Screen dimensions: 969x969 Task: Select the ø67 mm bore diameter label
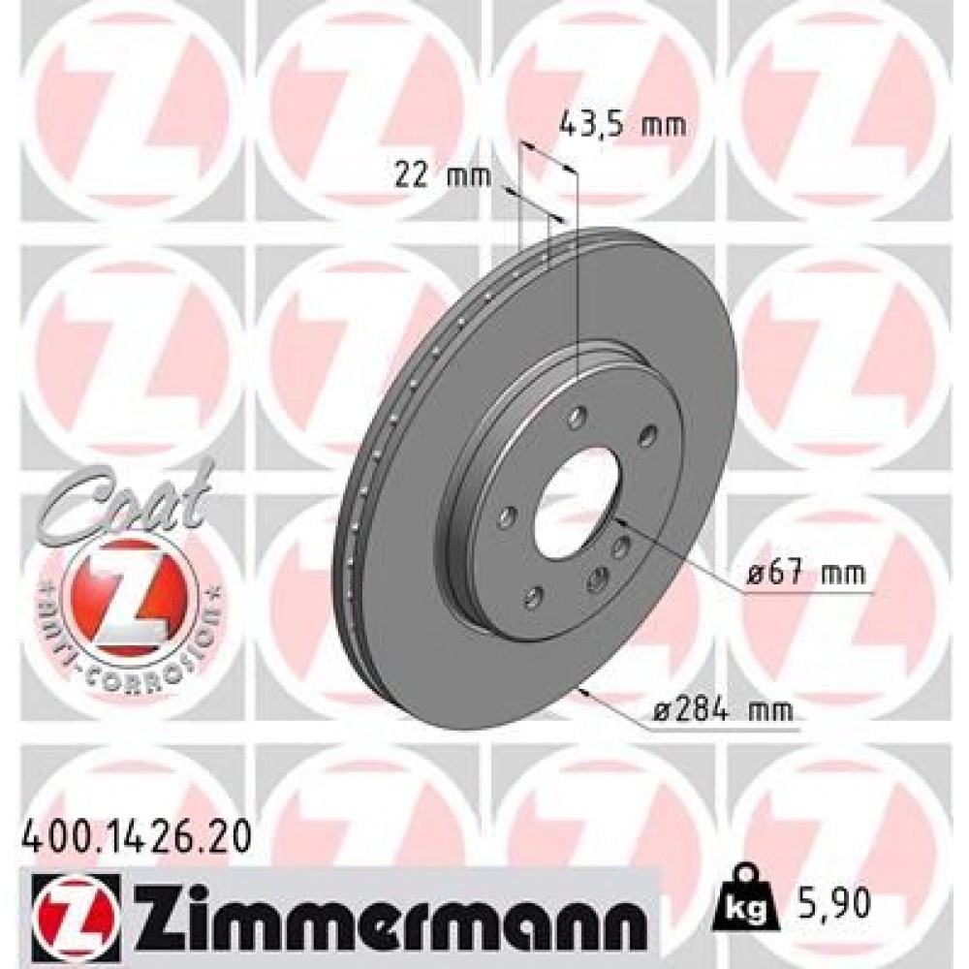point(806,575)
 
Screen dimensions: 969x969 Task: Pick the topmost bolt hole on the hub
point(578,418)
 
